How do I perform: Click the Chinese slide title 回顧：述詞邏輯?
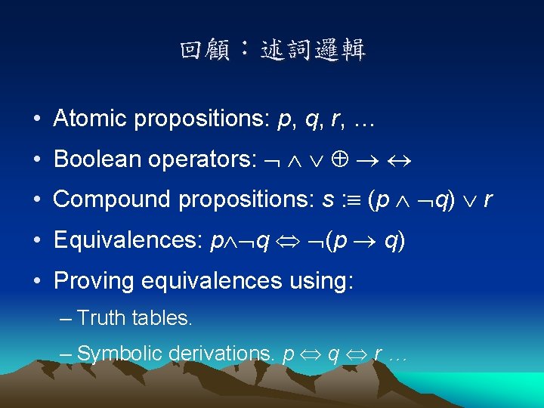pyautogui.click(x=272, y=51)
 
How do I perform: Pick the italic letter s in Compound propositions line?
pyautogui.click(x=326, y=200)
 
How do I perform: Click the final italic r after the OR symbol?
pyautogui.click(x=488, y=200)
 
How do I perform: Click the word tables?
pyautogui.click(x=162, y=318)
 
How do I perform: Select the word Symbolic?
pyautogui.click(x=120, y=353)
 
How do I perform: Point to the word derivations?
pyautogui.click(x=222, y=353)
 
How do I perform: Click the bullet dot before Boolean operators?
pyautogui.click(x=37, y=160)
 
